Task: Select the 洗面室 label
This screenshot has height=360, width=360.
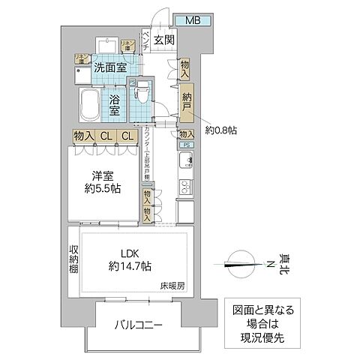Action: tap(109, 67)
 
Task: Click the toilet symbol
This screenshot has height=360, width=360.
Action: tap(140, 93)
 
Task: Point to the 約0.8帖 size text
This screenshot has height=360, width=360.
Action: tap(223, 128)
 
